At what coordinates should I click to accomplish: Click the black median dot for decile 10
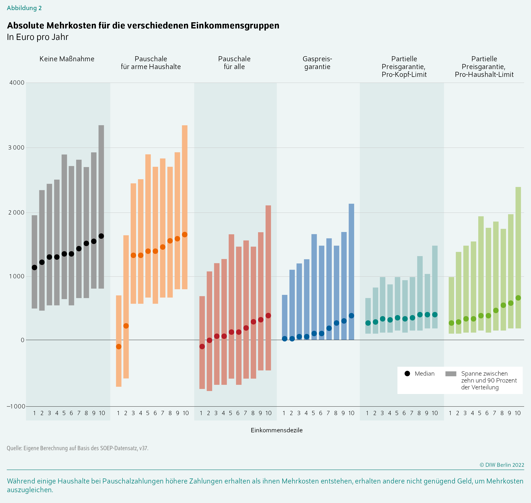tap(101, 236)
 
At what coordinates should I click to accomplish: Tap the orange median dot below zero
tap(119, 347)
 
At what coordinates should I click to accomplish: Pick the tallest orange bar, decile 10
tap(185, 188)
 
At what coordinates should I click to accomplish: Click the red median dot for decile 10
tap(268, 316)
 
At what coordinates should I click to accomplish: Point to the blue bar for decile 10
tap(351, 255)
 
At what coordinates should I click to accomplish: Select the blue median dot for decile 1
tap(285, 339)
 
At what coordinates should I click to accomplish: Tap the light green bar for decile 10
tap(518, 241)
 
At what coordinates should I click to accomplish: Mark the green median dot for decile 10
tap(518, 298)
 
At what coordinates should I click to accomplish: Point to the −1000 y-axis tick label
tap(16, 406)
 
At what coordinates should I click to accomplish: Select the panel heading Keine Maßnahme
tap(67, 59)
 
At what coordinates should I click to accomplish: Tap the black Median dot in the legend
tap(407, 374)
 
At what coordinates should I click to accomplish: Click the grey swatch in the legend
tap(450, 374)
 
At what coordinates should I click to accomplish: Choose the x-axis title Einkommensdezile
tap(277, 430)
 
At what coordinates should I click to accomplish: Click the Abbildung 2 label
tap(24, 8)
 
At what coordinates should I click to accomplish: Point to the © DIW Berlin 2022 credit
tap(502, 465)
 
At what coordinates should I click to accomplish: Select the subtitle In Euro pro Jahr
tap(38, 37)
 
